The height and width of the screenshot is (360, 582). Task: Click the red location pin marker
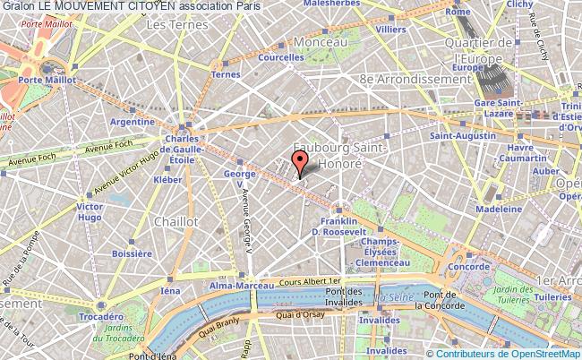coord(300,161)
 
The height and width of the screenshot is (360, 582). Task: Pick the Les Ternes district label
coord(170,25)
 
